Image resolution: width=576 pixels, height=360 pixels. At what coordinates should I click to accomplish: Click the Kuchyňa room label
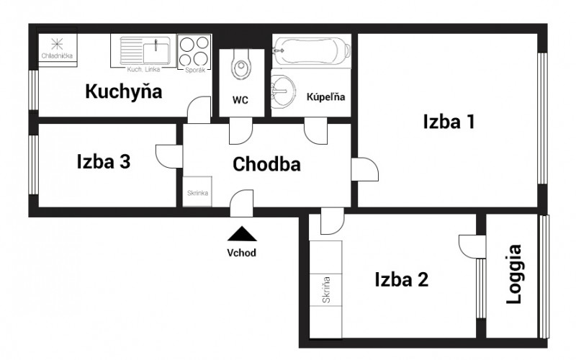pos(123,91)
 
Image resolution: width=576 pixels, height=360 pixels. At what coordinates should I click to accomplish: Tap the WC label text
pos(240,100)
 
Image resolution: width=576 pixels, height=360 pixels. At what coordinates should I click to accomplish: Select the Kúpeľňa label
pos(326,96)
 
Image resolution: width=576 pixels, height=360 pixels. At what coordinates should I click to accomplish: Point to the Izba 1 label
pos(448,122)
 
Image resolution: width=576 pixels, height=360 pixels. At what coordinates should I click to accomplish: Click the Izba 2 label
pos(401,279)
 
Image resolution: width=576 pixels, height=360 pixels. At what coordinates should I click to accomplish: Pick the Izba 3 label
pos(103,162)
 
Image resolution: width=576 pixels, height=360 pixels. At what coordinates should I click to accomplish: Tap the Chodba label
pos(266,164)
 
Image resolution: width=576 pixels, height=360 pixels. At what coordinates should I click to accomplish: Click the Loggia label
pos(515,275)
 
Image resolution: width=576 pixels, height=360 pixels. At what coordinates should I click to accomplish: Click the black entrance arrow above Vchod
pos(242,233)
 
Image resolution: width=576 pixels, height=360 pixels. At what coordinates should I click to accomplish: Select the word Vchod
pos(242,253)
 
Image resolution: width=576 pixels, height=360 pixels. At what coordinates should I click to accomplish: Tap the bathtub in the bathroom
pos(312,51)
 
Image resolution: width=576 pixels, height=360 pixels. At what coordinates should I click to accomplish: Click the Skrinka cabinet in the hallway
pos(197,192)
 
